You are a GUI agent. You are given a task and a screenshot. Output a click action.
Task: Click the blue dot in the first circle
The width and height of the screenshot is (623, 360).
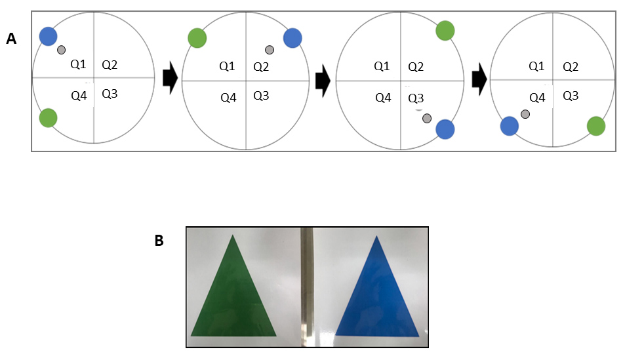tap(49, 36)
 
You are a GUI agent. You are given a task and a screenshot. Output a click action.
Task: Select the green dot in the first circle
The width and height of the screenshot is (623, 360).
tap(47, 118)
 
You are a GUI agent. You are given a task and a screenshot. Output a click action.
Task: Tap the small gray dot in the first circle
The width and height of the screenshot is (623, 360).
tap(61, 50)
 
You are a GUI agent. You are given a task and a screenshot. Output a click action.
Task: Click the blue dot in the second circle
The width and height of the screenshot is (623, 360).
tap(292, 38)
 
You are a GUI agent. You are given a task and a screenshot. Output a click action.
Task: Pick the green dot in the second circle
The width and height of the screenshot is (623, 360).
tap(197, 38)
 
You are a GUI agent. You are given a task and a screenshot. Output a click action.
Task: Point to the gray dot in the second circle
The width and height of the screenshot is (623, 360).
tap(269, 50)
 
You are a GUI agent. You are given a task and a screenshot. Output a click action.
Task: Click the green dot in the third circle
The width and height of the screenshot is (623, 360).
tap(445, 30)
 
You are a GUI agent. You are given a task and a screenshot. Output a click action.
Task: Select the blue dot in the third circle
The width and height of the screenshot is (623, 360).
tap(445, 129)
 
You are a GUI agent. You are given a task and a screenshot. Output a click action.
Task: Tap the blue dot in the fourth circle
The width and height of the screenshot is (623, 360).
tap(510, 126)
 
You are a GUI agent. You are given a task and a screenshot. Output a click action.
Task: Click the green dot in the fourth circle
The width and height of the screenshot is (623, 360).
tap(595, 126)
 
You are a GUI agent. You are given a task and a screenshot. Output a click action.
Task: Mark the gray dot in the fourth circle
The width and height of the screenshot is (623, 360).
tap(525, 114)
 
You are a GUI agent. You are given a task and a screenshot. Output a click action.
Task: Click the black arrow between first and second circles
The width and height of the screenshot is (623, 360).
tap(170, 78)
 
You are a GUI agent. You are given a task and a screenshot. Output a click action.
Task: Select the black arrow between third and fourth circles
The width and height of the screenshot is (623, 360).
tap(479, 79)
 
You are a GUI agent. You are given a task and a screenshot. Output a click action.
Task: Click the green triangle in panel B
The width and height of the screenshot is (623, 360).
tap(232, 295)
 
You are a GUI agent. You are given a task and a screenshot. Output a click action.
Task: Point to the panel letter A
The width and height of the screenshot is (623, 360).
tap(11, 39)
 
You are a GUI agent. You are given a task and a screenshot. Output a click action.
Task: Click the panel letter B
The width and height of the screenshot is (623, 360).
tap(159, 241)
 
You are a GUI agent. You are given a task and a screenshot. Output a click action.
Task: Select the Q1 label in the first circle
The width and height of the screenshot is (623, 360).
tap(78, 64)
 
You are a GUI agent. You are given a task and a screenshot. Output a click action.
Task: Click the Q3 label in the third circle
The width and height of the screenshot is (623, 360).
tap(416, 98)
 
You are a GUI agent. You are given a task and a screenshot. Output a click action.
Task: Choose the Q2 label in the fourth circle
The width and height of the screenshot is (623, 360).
tap(571, 66)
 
